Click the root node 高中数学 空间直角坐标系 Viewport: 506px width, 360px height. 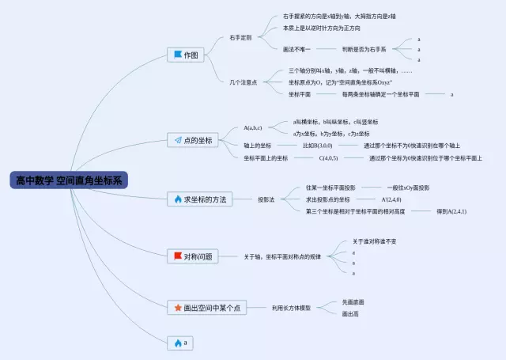tap(70, 180)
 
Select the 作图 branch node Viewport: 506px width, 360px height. tap(187, 55)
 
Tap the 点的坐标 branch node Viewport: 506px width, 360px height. tap(196, 140)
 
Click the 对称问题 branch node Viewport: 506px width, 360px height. tap(193, 256)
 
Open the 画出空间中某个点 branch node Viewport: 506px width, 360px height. tap(207, 307)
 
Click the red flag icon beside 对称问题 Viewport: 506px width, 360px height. tap(177, 256)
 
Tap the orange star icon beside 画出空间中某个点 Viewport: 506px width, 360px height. tap(178, 307)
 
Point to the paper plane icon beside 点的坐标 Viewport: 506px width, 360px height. tap(178, 140)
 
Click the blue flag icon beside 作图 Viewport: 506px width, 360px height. tap(176, 55)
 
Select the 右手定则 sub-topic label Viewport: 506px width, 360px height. tap(240, 37)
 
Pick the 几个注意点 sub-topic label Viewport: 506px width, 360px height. tap(243, 82)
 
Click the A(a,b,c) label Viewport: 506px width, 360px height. tap(253, 127)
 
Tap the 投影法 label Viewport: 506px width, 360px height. tap(266, 199)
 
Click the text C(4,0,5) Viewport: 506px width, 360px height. tap(328, 158)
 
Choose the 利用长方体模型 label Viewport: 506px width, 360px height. tap(291, 307)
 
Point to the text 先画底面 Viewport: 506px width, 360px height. tap(353, 301)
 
